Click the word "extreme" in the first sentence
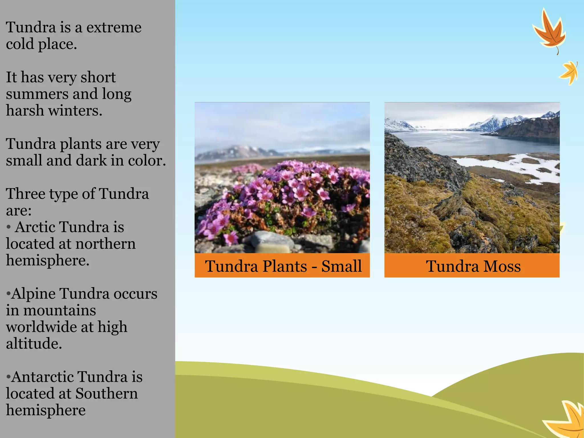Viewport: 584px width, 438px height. click(x=114, y=28)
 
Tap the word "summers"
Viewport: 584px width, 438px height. click(x=37, y=94)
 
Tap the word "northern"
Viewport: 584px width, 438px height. click(x=105, y=244)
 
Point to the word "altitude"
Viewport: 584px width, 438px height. click(x=34, y=344)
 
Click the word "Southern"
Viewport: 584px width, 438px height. click(x=107, y=394)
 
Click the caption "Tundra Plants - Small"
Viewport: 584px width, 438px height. click(x=283, y=266)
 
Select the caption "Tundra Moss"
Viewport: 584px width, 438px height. click(x=473, y=266)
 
